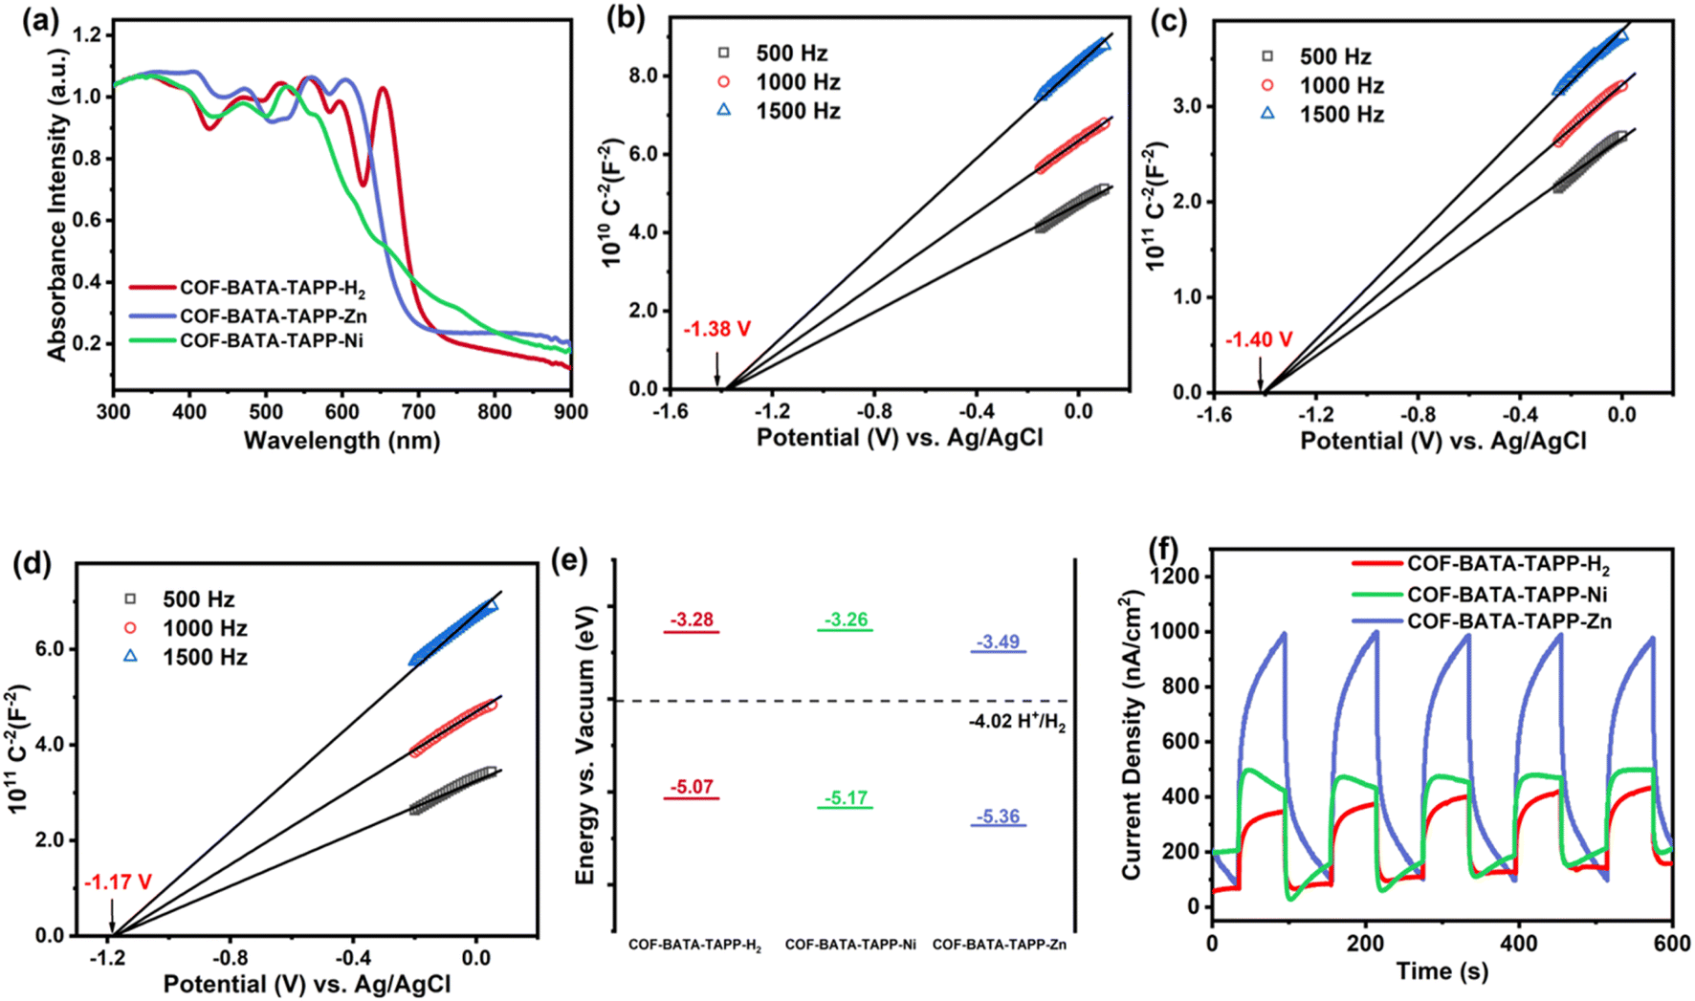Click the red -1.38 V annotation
coord(716,330)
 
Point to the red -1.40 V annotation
coord(1259,339)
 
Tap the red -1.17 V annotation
coord(118,882)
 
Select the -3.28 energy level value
coord(691,620)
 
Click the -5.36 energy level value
coord(998,816)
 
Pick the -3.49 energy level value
coord(998,642)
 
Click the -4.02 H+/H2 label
coord(1016,723)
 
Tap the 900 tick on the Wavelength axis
coord(571,412)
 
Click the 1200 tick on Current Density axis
coord(1176,577)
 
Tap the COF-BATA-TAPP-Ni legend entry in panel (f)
coord(1500,594)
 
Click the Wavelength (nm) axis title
coord(341,441)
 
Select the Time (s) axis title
coord(1442,971)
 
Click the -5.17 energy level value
coord(845,798)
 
